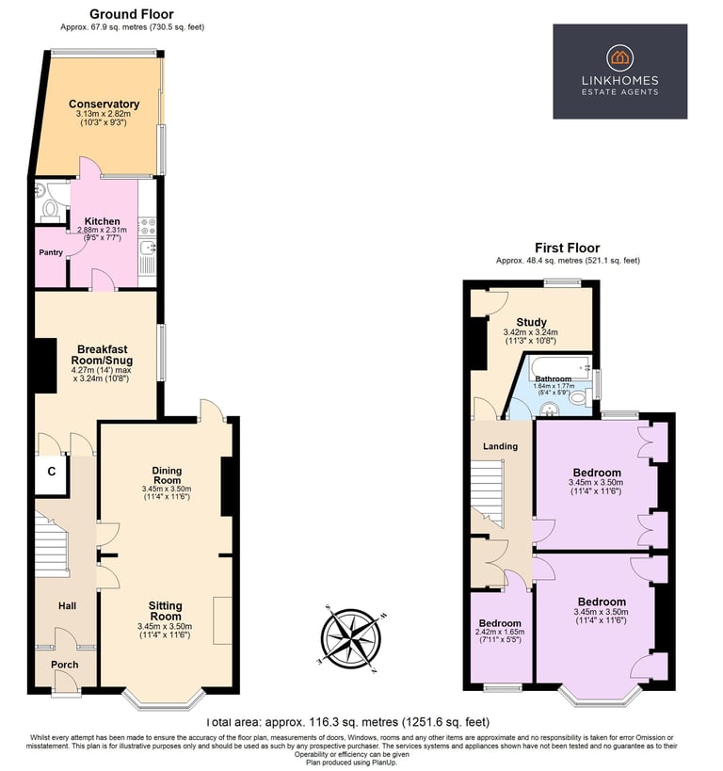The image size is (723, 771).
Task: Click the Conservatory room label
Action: pos(104,104)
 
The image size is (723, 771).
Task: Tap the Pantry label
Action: pos(51,252)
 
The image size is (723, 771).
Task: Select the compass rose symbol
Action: pos(351,638)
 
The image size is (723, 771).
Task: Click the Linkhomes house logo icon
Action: pos(619,57)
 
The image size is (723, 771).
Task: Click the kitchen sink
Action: pos(147,248)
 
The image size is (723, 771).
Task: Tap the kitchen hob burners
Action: pos(147,226)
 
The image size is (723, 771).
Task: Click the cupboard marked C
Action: pos(51,472)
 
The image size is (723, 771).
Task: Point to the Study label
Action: pos(531,322)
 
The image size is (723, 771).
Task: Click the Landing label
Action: pos(500,446)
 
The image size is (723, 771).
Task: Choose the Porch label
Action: pos(64,665)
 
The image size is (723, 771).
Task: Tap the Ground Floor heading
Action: pos(131,14)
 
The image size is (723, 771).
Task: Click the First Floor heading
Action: pos(568,248)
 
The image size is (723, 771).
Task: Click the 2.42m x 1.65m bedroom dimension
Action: pos(500,632)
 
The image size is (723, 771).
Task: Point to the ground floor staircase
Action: pos(52,544)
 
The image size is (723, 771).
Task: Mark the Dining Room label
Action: pos(167,475)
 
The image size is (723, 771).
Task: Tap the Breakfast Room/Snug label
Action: pos(103,354)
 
